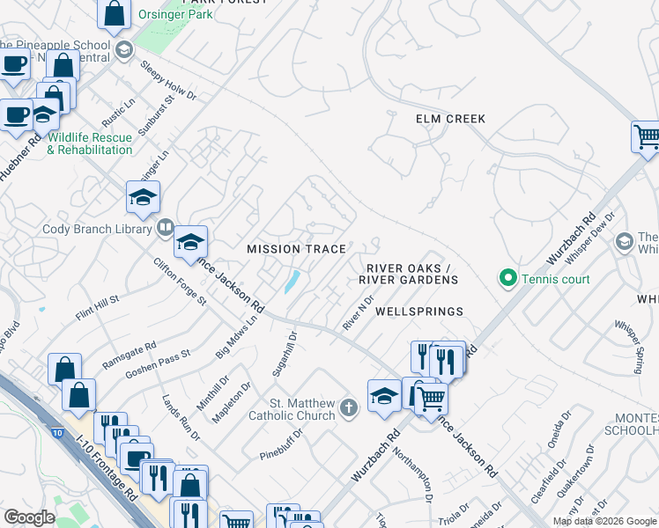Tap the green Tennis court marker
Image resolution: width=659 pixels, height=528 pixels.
[x=507, y=280]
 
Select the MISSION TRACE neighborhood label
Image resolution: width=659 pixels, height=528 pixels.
[x=296, y=249]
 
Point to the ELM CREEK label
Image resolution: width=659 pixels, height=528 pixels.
[x=452, y=119]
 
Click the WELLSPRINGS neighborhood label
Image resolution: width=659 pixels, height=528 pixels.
[x=419, y=312]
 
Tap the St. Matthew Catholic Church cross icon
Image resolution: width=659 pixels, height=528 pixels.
[x=349, y=407]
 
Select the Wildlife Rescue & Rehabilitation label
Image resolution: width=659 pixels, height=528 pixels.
[x=90, y=143]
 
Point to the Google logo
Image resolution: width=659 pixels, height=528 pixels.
[x=29, y=517]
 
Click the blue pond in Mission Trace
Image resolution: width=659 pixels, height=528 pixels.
[x=292, y=282]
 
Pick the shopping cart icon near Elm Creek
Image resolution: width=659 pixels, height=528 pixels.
[x=646, y=136]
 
